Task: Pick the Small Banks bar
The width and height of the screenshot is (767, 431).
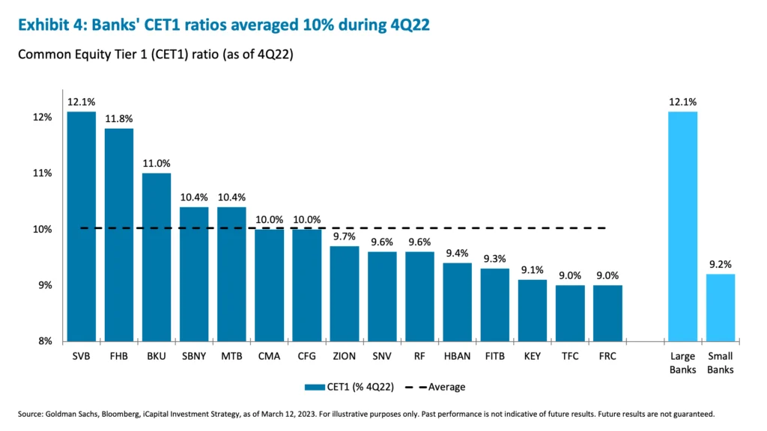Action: click(720, 307)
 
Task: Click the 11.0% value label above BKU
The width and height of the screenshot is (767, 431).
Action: click(157, 163)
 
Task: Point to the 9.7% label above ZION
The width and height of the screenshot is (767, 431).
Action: click(345, 236)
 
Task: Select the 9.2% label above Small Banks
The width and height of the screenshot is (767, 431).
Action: click(720, 264)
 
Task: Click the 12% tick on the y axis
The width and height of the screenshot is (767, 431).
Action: click(42, 117)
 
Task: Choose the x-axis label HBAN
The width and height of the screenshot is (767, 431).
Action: click(457, 356)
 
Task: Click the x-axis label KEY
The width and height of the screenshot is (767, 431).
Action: click(532, 356)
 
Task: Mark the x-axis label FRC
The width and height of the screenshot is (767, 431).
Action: click(607, 356)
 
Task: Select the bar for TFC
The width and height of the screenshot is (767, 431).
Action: click(569, 313)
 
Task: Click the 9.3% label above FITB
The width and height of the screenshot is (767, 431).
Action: click(494, 258)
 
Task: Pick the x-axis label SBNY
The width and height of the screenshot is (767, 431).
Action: click(194, 356)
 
